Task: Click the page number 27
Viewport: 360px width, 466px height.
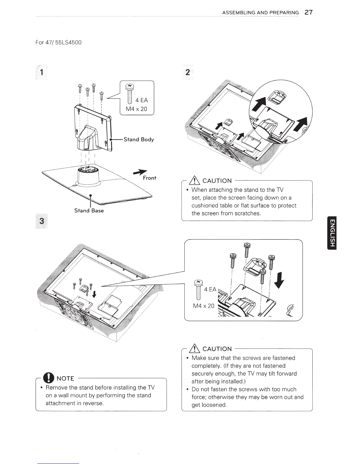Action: (309, 12)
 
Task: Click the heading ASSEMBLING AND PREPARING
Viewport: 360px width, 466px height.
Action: (260, 13)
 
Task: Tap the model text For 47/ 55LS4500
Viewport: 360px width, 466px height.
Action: (58, 42)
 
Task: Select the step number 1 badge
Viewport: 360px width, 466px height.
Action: (42, 72)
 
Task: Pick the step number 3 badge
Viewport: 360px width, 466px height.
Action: (42, 220)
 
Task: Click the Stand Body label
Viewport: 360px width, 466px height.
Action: (139, 139)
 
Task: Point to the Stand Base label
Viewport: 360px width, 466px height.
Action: (89, 211)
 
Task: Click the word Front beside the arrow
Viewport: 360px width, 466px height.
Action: (149, 178)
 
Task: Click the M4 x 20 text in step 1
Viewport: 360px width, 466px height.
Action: (136, 109)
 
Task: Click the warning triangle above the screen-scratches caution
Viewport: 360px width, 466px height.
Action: (195, 180)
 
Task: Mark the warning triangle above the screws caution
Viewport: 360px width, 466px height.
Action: (195, 349)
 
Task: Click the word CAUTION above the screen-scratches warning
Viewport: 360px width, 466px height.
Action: (217, 181)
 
